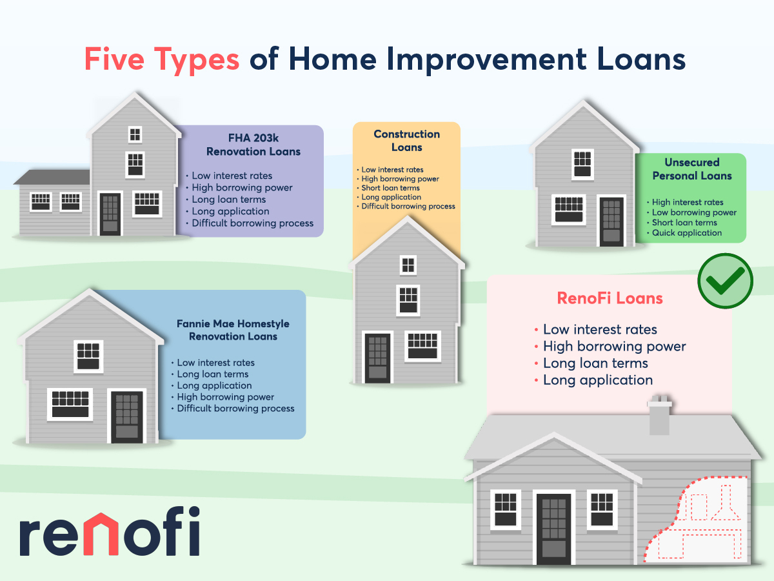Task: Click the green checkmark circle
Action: click(726, 281)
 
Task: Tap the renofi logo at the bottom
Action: click(110, 532)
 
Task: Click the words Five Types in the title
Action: click(162, 60)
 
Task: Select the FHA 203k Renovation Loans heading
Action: click(253, 145)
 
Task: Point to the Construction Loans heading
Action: click(406, 140)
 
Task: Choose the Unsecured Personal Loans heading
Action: click(692, 169)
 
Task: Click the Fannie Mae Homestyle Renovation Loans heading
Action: click(233, 330)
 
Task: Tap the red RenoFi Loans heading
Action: click(610, 298)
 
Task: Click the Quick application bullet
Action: click(686, 233)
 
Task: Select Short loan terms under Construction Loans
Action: click(390, 188)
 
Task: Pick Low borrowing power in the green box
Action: click(694, 212)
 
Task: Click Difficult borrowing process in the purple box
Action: click(252, 223)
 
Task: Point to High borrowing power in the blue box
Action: click(225, 397)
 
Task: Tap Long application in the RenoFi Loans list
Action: click(598, 380)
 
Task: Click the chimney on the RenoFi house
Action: click(659, 415)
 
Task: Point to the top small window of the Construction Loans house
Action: click(408, 265)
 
